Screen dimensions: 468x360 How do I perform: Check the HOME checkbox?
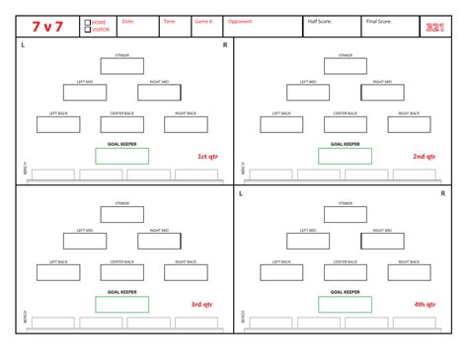click(88, 22)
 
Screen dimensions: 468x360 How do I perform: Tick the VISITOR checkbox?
click(88, 30)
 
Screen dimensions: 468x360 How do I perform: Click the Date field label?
click(127, 20)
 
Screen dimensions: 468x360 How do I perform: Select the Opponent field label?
click(240, 20)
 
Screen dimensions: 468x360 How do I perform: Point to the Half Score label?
click(320, 20)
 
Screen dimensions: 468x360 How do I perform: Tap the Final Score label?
click(378, 20)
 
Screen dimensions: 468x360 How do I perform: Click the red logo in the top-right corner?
click(435, 27)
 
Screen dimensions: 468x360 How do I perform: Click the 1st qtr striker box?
click(121, 67)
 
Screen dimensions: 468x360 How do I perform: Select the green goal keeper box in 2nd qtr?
click(345, 156)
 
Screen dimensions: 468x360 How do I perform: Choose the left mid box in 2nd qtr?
click(308, 93)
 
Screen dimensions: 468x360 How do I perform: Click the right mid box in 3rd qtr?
click(159, 241)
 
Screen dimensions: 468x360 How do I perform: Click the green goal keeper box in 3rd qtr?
click(121, 305)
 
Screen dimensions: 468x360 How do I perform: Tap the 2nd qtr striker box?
click(345, 67)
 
